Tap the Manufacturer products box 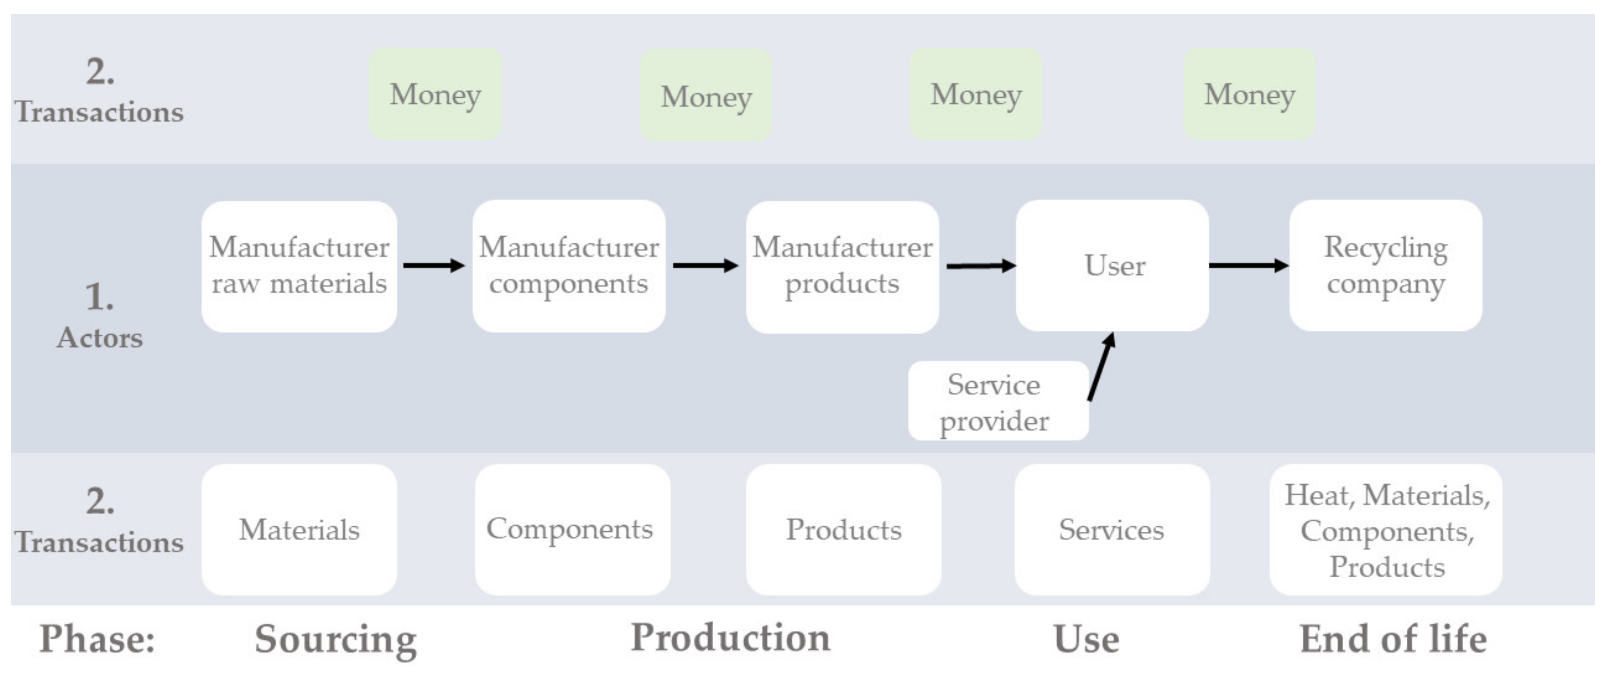pos(842,267)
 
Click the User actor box pos(1112,265)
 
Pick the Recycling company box pos(1385,265)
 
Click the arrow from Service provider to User pos(1101,367)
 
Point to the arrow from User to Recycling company pos(1248,265)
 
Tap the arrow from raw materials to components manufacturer pos(434,265)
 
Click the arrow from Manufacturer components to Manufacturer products pos(705,265)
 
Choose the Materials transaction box pos(299,529)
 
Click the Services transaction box pos(1112,529)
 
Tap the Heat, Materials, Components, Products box pos(1385,529)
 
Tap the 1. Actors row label pos(100,315)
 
